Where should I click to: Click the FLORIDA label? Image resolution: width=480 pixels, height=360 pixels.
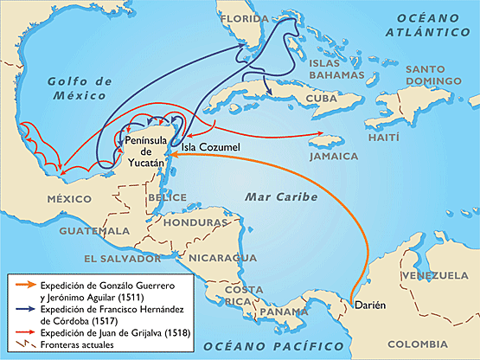point(246,18)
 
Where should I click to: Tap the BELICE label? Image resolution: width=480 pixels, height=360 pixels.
point(167,197)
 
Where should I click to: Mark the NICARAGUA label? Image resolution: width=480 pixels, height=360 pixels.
point(219,258)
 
